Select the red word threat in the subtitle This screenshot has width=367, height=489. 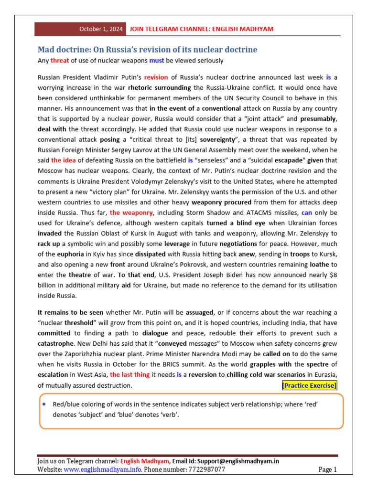pos(60,61)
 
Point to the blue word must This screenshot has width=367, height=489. pos(156,61)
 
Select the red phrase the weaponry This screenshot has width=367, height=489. pos(128,212)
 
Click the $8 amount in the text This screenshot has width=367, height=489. pos(333,275)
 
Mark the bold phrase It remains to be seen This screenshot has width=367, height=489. pos(70,312)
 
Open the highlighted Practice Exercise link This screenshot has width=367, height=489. pos(309,385)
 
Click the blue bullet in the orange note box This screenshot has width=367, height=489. pos(43,404)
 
